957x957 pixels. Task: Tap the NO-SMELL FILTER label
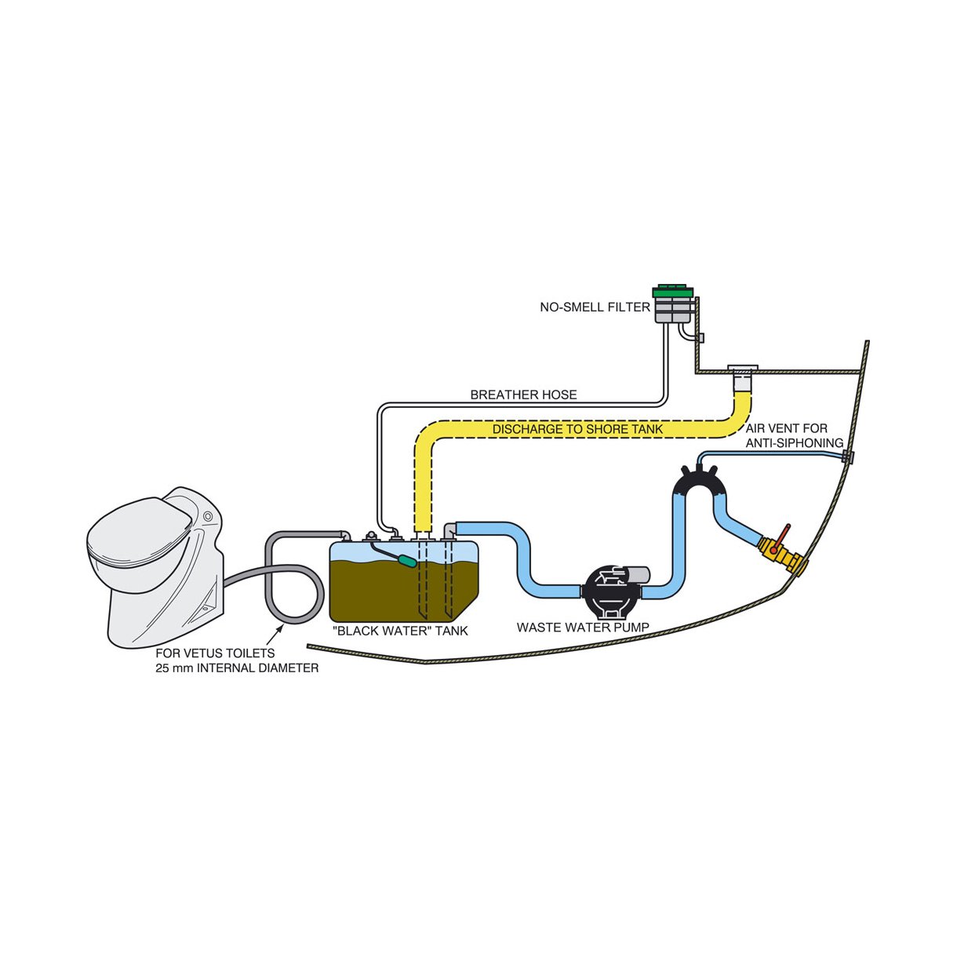pos(595,307)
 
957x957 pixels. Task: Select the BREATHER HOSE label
pos(523,395)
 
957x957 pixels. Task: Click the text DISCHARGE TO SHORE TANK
pos(577,429)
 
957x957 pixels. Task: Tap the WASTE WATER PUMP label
pos(583,628)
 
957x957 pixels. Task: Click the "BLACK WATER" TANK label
pos(400,631)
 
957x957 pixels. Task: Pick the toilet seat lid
pos(139,527)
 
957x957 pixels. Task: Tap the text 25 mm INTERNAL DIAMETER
pos(237,668)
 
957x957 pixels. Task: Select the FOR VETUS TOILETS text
pos(215,653)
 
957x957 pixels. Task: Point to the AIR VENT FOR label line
pos(787,428)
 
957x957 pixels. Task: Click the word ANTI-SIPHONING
pos(795,442)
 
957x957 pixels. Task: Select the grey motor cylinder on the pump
pos(638,575)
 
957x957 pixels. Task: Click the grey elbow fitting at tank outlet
pos(450,529)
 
